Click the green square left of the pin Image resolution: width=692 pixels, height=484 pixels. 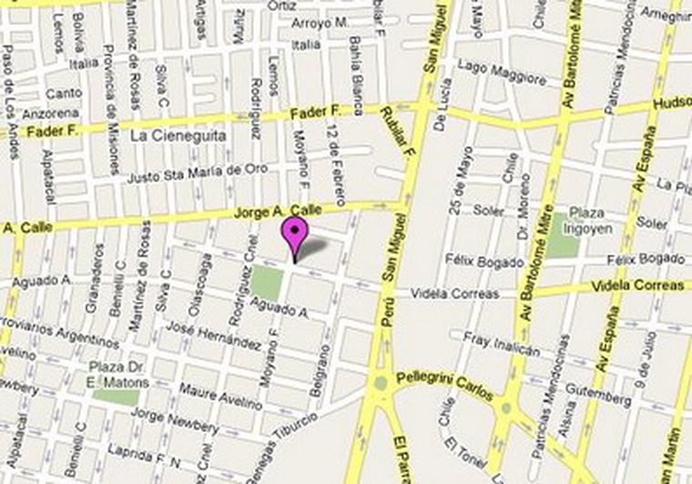267,281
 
